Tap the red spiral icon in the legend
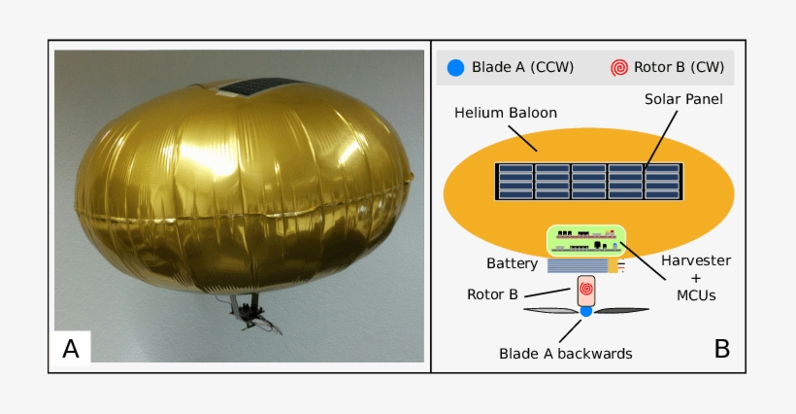coord(618,68)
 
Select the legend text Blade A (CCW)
coord(523,68)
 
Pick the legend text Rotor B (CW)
coord(679,68)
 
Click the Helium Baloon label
coord(506,113)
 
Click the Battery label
coord(512,263)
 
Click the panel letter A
coord(71,348)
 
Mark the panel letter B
coord(721,348)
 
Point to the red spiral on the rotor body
coord(586,288)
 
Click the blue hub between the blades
coord(586,311)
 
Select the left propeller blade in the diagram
coord(549,311)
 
